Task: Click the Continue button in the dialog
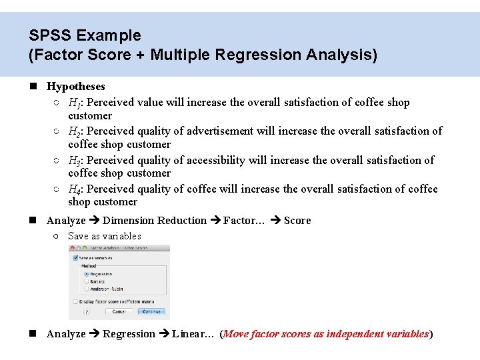pos(151,311)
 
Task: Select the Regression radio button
pos(86,274)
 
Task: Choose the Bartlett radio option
pos(86,281)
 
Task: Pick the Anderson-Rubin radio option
pos(86,289)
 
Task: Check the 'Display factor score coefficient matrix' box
pos(73,301)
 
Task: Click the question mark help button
pos(87,311)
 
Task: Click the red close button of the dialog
pos(72,248)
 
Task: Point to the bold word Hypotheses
pos(75,86)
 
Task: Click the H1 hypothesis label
pos(75,103)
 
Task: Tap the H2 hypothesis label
pos(75,131)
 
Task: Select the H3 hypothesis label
pos(75,160)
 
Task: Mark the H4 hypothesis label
pos(75,189)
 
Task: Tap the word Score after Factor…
pos(297,220)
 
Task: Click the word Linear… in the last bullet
pos(193,333)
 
